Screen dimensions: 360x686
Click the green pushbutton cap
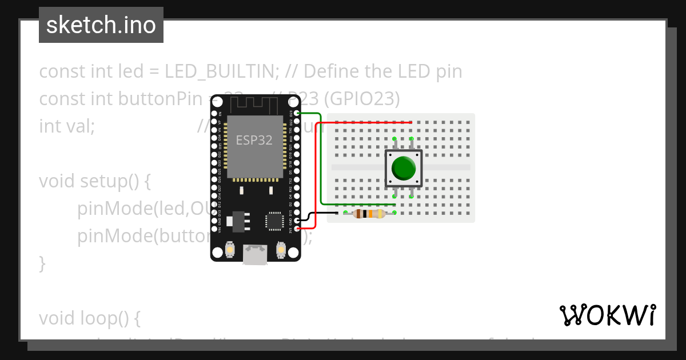pyautogui.click(x=404, y=168)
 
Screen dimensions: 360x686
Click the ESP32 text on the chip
pyautogui.click(x=254, y=140)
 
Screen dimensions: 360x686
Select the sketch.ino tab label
pyautogui.click(x=101, y=25)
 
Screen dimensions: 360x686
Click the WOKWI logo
pyautogui.click(x=607, y=315)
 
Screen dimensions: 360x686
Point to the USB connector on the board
pyautogui.click(x=254, y=254)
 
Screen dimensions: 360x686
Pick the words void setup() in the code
pyautogui.click(x=95, y=181)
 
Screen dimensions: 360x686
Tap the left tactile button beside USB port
pyautogui.click(x=229, y=249)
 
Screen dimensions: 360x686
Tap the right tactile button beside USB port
pyautogui.click(x=281, y=249)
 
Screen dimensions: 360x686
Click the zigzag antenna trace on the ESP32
pyautogui.click(x=254, y=105)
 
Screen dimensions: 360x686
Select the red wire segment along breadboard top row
pyautogui.click(x=372, y=122)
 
